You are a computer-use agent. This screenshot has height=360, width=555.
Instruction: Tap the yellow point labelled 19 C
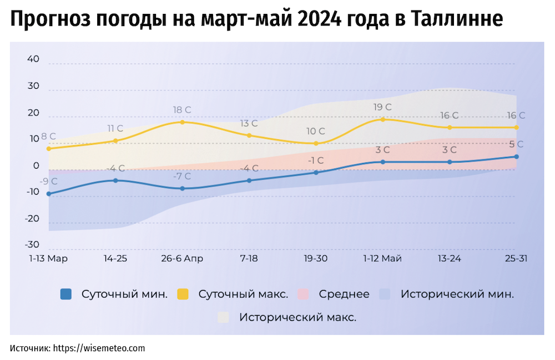[x=382, y=119]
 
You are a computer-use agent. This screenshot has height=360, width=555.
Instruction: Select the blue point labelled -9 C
[x=49, y=194]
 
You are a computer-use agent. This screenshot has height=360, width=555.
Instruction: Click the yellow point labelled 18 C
[x=182, y=122]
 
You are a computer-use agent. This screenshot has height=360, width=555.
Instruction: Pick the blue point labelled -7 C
[x=182, y=189]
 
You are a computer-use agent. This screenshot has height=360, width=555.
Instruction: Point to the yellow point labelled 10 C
[x=316, y=143]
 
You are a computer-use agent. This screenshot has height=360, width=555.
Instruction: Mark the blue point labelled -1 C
[x=316, y=173]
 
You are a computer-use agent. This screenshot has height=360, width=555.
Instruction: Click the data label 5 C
[x=516, y=144]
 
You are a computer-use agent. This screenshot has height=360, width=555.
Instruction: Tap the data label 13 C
[x=249, y=123]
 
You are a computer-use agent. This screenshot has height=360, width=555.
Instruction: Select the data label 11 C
[x=115, y=129]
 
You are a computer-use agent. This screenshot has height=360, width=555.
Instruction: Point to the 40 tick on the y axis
[x=33, y=59]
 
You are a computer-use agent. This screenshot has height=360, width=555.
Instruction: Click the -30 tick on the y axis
[x=32, y=245]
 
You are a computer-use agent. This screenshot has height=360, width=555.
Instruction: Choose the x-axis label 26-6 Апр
[x=182, y=258]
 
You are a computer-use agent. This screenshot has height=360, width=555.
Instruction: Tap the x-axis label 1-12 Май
[x=382, y=258]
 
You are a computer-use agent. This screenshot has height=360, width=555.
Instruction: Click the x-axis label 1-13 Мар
[x=48, y=258]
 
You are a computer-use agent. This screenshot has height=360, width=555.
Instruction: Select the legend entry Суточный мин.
[x=124, y=295]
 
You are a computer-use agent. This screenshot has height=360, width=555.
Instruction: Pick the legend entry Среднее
[x=344, y=295]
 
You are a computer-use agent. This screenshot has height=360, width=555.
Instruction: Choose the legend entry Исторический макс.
[x=297, y=318]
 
